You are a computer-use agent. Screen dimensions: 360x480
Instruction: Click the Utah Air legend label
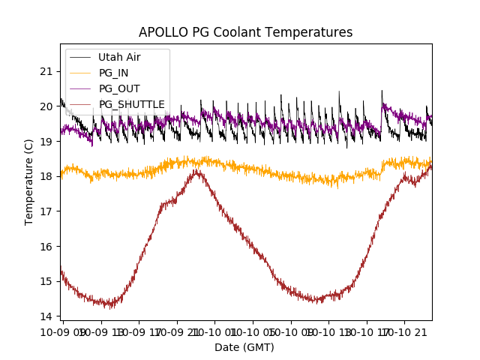(x=119, y=57)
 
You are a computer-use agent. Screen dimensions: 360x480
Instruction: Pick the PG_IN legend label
(x=114, y=73)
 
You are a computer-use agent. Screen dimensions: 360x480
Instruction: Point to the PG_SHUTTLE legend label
(x=132, y=104)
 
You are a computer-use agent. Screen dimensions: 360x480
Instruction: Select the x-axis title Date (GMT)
(x=244, y=347)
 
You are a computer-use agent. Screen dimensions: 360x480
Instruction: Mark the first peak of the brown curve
(x=197, y=172)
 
